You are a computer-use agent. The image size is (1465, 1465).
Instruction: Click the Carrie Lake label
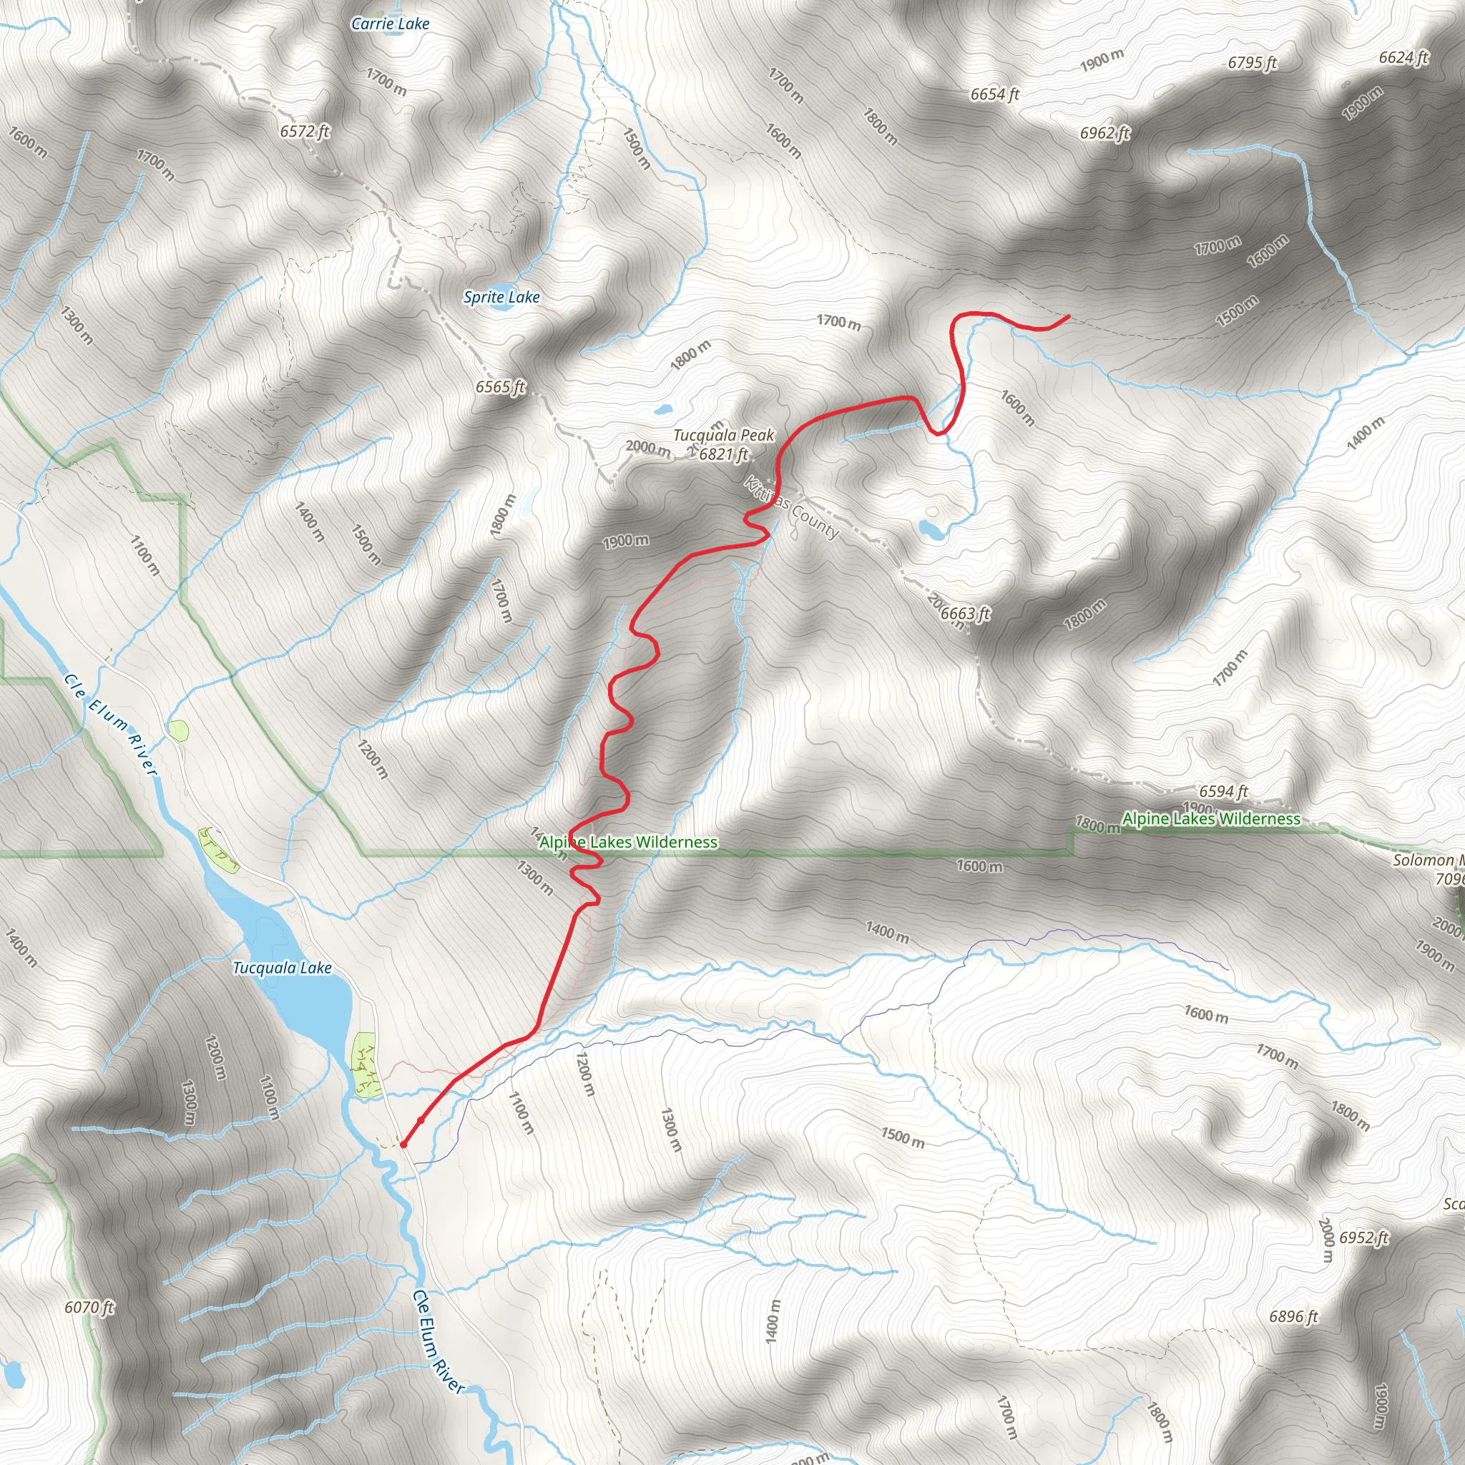[x=390, y=24]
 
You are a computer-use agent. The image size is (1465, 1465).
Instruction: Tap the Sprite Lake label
[x=501, y=298]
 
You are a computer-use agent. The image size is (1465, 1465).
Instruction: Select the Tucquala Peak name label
[x=723, y=435]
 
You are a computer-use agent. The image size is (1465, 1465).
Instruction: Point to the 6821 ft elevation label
[x=723, y=454]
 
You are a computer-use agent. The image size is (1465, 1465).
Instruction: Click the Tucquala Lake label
[x=282, y=969]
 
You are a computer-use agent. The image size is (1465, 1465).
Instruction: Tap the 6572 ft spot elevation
[x=305, y=131]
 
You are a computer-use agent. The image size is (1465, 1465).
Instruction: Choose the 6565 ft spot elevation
[x=501, y=387]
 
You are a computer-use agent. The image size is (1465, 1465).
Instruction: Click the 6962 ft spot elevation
[x=1104, y=134]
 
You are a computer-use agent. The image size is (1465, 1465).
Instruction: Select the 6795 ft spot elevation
[x=1253, y=63]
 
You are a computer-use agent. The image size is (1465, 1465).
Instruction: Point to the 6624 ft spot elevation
[x=1403, y=58]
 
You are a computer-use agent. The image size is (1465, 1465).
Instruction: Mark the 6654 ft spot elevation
[x=995, y=95]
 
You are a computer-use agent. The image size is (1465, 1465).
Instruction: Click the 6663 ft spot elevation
[x=965, y=614]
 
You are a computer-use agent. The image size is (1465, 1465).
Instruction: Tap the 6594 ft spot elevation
[x=1223, y=792]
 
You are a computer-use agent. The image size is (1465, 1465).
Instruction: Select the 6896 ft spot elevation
[x=1293, y=1316]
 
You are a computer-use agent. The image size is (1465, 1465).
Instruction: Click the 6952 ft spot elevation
[x=1363, y=1238]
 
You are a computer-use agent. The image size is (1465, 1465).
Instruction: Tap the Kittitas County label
[x=792, y=508]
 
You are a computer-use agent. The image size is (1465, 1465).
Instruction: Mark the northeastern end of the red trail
[x=1069, y=316]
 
